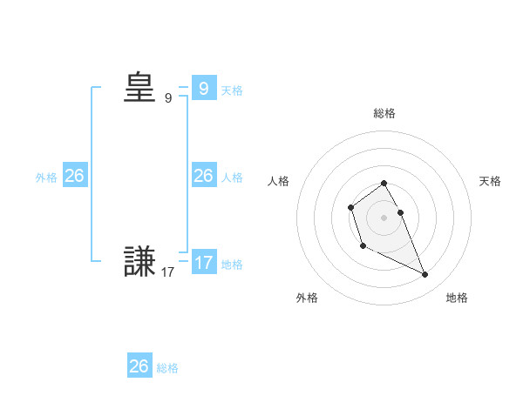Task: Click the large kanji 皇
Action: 139,88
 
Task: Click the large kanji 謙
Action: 139,262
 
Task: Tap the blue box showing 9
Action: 203,88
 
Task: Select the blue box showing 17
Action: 203,262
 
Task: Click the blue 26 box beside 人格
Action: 203,176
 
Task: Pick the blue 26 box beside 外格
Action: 74,176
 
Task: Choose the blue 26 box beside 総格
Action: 139,366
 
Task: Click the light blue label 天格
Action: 232,90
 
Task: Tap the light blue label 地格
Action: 232,264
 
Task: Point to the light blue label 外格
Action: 46,178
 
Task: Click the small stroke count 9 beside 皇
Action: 168,98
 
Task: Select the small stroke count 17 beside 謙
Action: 167,272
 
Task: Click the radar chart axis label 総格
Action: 384,113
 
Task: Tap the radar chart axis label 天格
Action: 491,181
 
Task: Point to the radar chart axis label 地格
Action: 457,298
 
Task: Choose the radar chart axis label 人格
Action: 279,181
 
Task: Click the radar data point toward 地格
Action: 425,275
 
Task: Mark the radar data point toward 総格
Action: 384,183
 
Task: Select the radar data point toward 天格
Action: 400,212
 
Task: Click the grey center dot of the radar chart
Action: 384,218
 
